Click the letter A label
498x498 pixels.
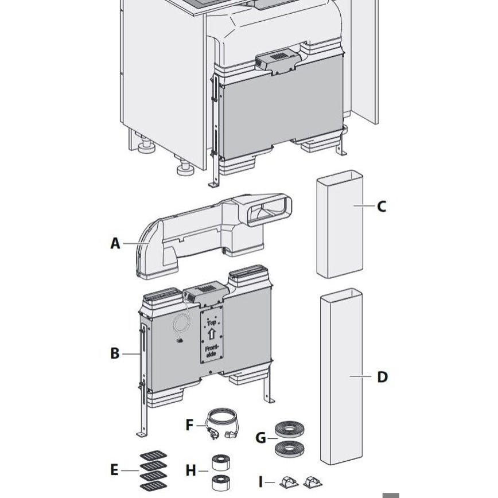(115, 243)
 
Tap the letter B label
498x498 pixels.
(115, 353)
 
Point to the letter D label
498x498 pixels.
(382, 377)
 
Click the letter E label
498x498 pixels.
(114, 470)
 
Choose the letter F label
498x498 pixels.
(190, 425)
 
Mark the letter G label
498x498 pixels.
(261, 438)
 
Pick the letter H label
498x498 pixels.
(190, 471)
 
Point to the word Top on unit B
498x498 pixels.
(211, 324)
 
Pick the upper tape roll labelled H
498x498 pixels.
(220, 463)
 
